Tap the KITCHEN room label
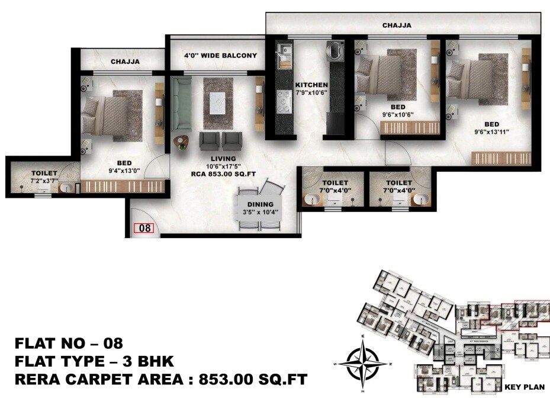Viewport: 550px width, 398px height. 311,85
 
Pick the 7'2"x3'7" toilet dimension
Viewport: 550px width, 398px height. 45,181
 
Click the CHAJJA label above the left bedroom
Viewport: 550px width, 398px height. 124,62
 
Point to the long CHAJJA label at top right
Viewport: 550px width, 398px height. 396,25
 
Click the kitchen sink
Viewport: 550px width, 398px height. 284,52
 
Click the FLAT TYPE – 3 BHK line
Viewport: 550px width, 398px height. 94,360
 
